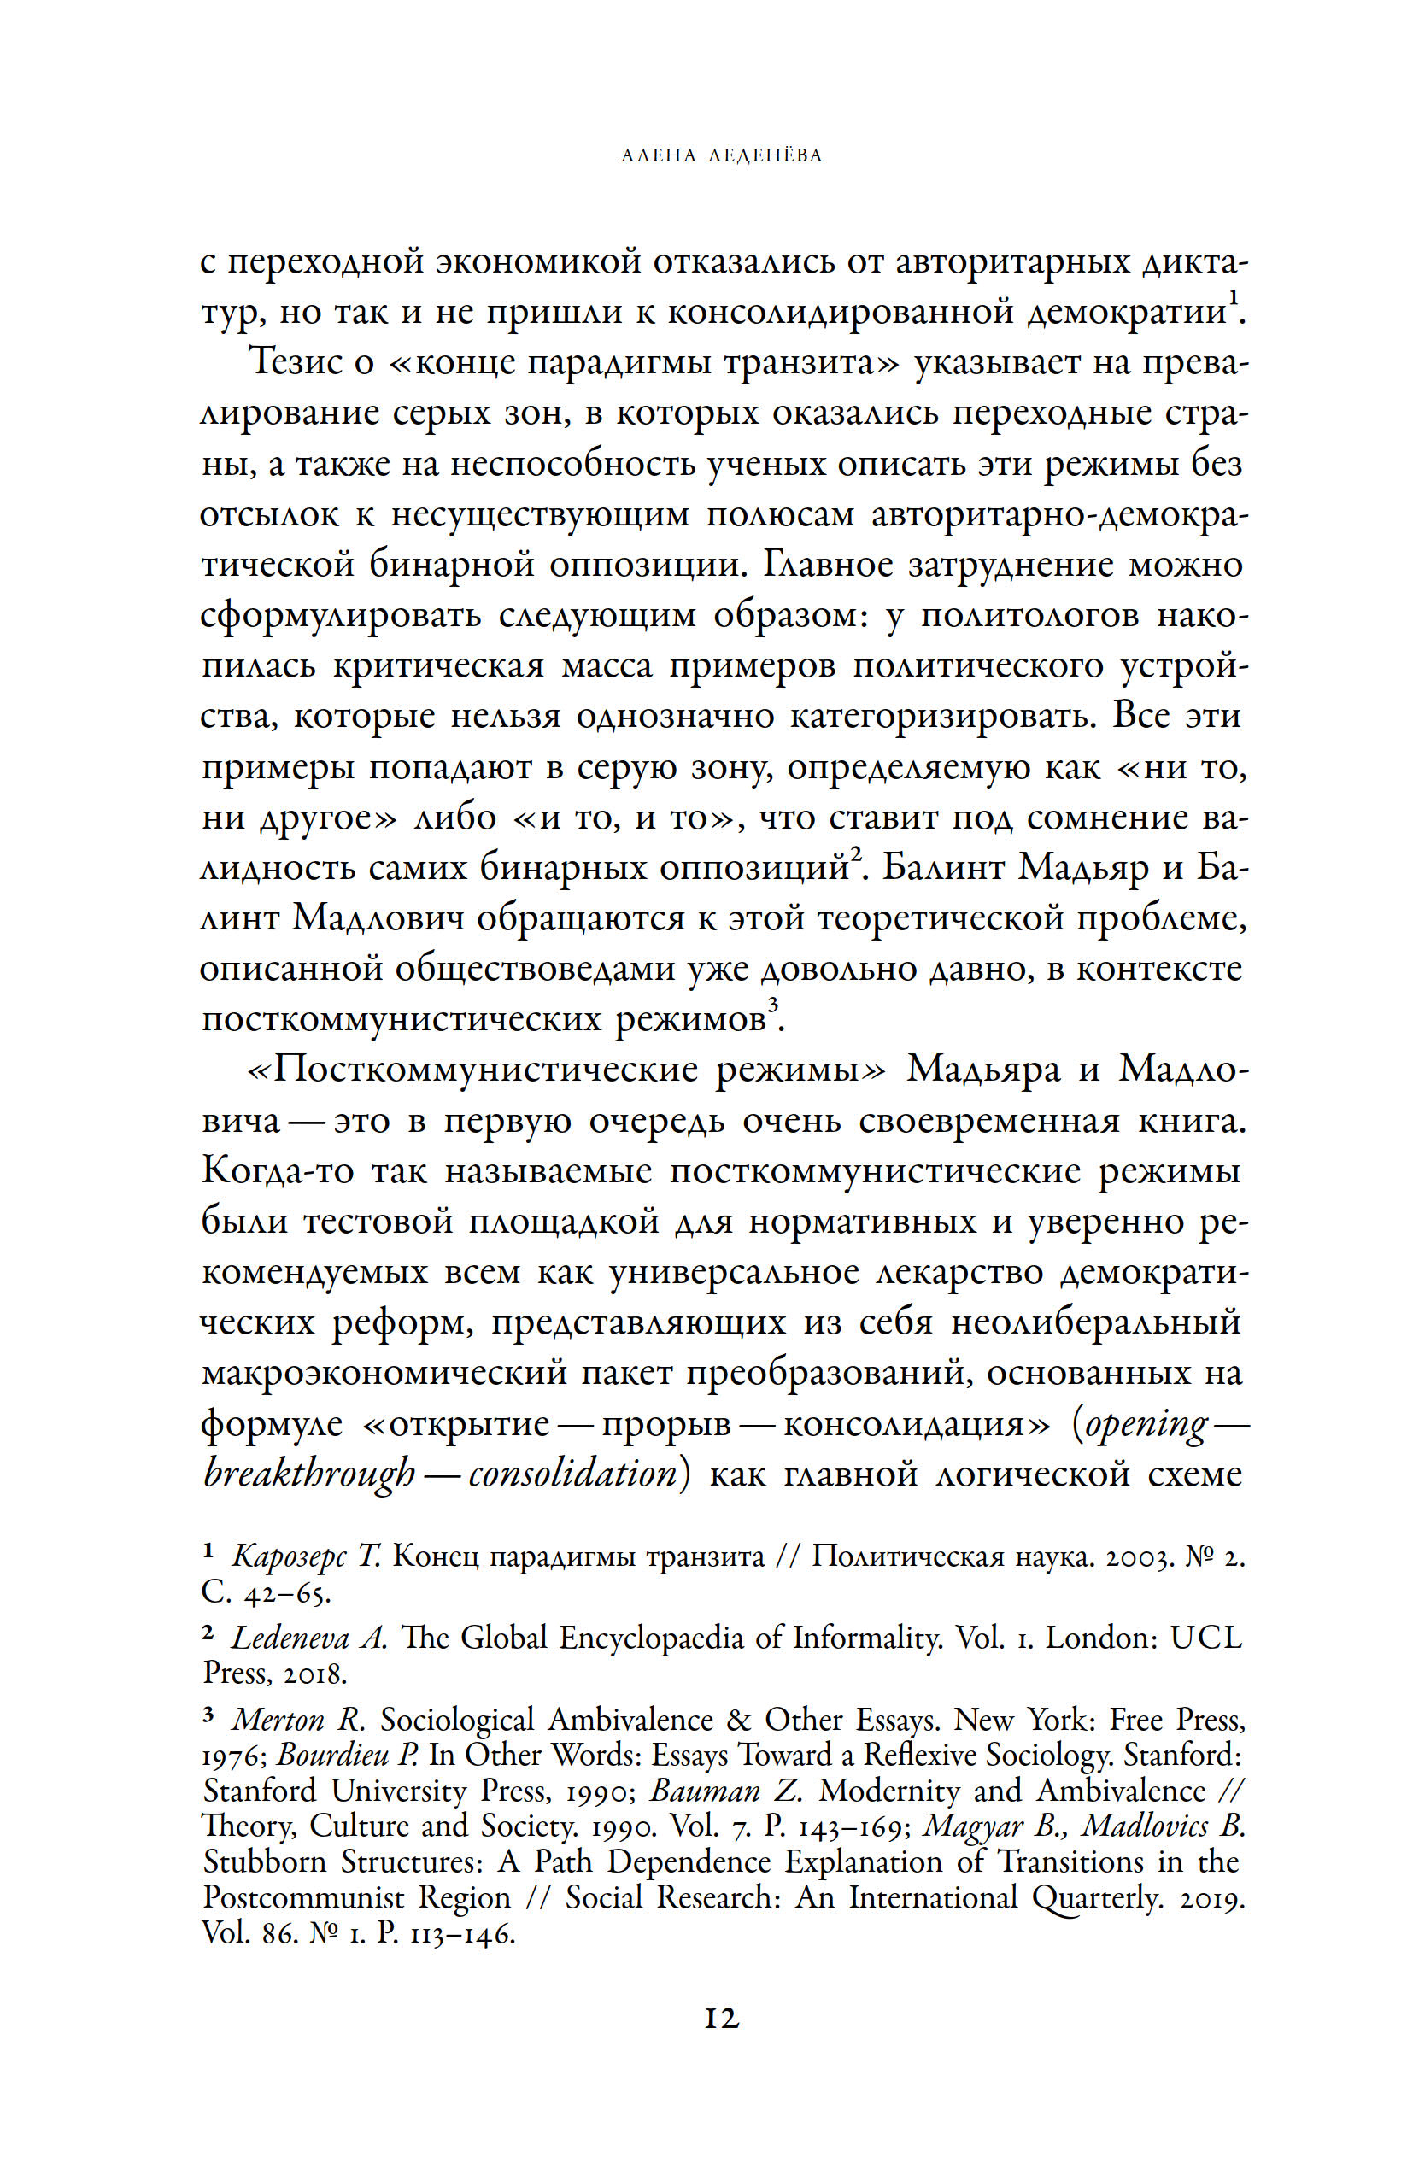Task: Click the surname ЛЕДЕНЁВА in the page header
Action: [x=765, y=155]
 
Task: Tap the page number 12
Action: [x=721, y=2018]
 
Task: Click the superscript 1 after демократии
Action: [x=1233, y=298]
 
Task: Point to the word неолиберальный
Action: [x=1096, y=1322]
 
